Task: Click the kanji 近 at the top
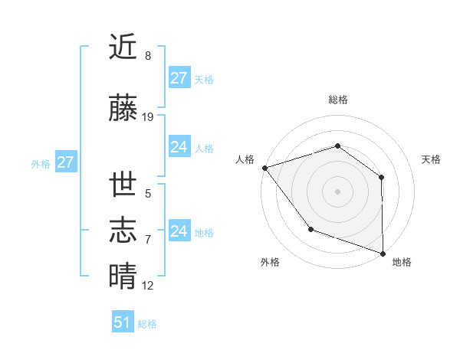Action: (x=123, y=47)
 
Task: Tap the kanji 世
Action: (x=123, y=185)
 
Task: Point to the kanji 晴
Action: (x=123, y=277)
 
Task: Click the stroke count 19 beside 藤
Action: (x=148, y=117)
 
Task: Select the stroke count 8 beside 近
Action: (x=148, y=56)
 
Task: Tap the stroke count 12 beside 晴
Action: (x=148, y=286)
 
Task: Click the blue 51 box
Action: (x=123, y=322)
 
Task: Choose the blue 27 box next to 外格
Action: (x=65, y=162)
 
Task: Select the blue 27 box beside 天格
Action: (x=179, y=78)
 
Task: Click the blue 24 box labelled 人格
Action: (x=179, y=147)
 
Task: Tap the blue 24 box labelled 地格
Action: (x=179, y=231)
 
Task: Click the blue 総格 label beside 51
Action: (x=147, y=324)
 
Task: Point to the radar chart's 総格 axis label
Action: (x=337, y=100)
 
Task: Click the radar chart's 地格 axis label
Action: (x=402, y=262)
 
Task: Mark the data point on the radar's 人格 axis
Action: (x=264, y=167)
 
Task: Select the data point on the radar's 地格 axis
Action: (x=383, y=253)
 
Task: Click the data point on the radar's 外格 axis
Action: (x=310, y=229)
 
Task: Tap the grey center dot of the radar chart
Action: (x=337, y=191)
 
